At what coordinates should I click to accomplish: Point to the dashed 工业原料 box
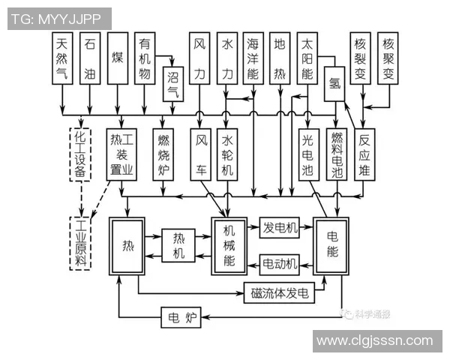[x=80, y=243]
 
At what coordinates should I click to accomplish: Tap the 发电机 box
[x=280, y=227]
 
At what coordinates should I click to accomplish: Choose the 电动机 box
[x=280, y=263]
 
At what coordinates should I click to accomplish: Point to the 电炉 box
[x=181, y=319]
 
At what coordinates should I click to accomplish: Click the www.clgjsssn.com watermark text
[x=373, y=341]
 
